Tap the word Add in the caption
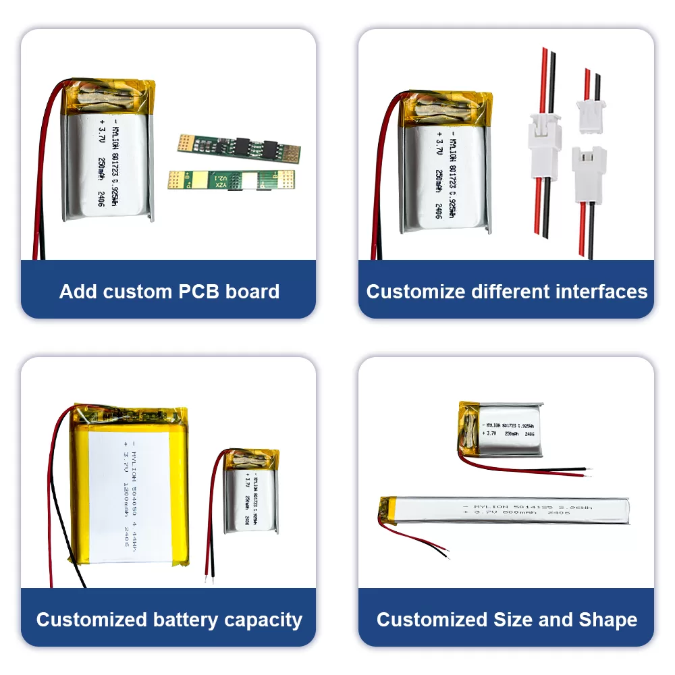click(77, 292)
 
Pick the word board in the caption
click(254, 292)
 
